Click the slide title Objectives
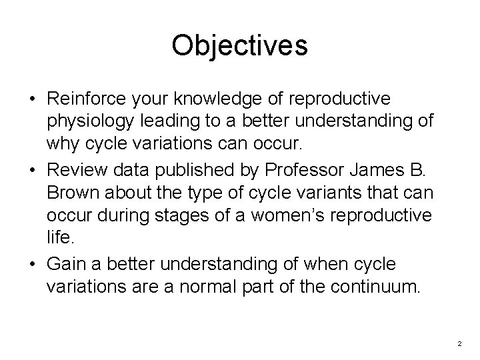click(x=239, y=46)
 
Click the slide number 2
click(x=460, y=343)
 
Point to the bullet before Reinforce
click(x=31, y=99)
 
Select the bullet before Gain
click(x=31, y=264)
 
